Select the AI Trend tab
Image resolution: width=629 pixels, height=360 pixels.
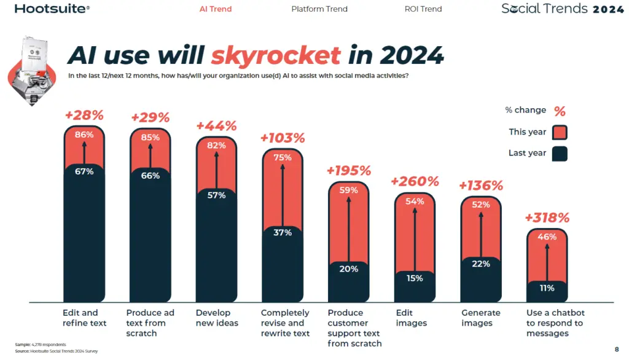[216, 9]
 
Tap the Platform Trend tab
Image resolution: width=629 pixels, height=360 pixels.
[319, 9]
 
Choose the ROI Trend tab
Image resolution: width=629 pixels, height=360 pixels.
[423, 9]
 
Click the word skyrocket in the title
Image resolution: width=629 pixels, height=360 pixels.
[276, 56]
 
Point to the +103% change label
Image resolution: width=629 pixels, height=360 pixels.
[283, 138]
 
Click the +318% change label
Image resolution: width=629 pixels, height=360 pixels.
[547, 217]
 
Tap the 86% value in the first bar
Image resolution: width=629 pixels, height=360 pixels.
[84, 135]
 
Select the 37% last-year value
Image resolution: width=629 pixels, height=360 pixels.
[283, 232]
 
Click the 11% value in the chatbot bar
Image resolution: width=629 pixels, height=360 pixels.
[547, 288]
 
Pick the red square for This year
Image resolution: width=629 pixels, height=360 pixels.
[560, 132]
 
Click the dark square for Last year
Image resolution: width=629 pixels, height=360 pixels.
[560, 153]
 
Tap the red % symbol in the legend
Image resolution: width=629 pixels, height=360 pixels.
[560, 111]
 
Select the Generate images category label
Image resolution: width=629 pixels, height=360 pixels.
[480, 318]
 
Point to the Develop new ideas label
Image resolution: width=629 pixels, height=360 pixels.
[216, 318]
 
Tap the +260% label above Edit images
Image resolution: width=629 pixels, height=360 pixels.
[415, 181]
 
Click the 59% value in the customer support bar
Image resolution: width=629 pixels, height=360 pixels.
[348, 190]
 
